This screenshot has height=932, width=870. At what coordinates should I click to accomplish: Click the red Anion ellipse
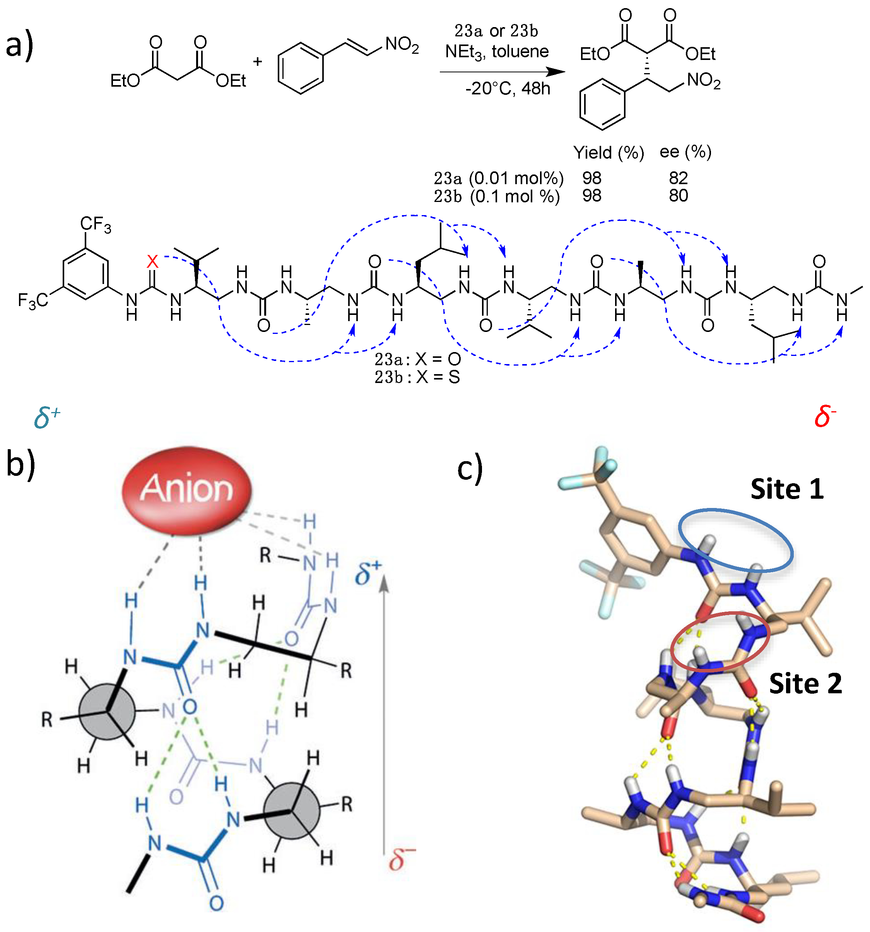(x=186, y=489)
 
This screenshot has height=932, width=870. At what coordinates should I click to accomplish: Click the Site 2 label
(x=805, y=683)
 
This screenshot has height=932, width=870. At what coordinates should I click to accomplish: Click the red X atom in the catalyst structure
(x=152, y=261)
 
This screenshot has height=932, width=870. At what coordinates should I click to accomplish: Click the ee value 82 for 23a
(x=678, y=178)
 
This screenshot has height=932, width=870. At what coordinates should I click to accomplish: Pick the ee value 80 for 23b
(x=678, y=195)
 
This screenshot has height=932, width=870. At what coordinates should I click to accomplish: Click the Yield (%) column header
(x=608, y=152)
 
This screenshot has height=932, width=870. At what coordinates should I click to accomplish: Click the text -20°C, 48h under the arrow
(x=507, y=89)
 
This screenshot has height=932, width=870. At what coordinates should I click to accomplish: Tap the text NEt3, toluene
(x=497, y=51)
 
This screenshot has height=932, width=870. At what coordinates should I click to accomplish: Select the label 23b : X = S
(x=417, y=377)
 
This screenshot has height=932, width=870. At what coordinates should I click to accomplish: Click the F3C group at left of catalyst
(x=32, y=301)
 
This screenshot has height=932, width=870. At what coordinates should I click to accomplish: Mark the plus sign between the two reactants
(x=257, y=61)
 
